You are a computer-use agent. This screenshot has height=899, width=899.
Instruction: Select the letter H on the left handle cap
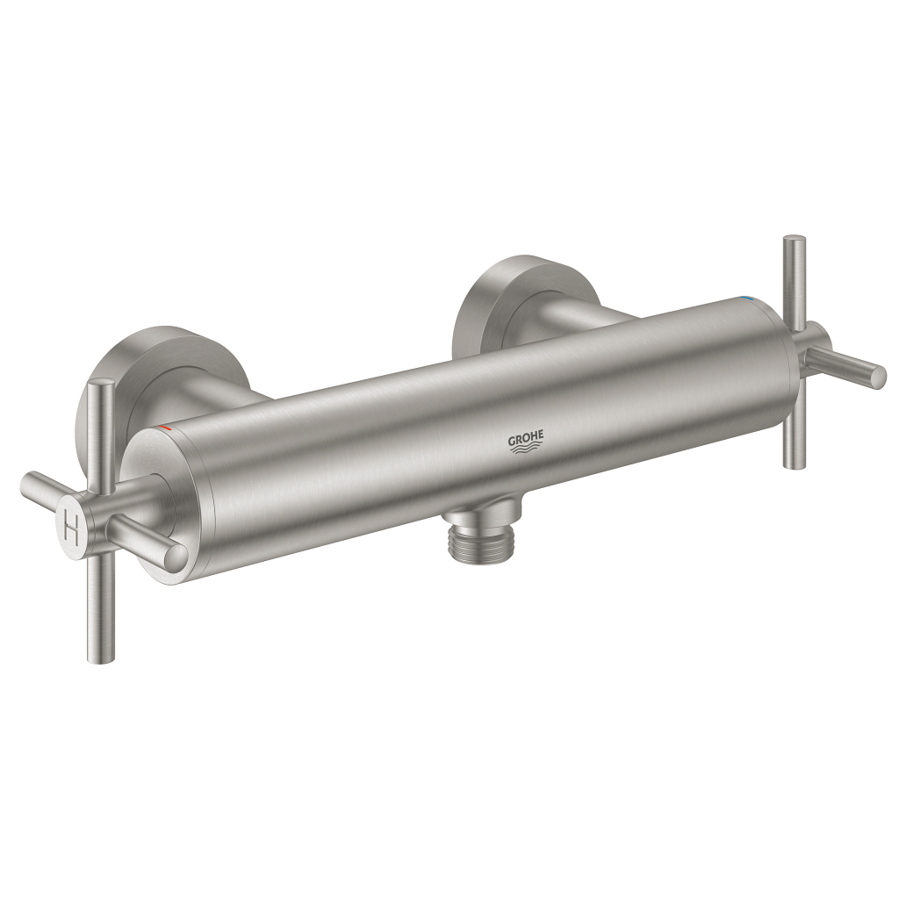pyautogui.click(x=74, y=529)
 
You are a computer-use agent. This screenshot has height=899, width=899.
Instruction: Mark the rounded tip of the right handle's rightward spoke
pyautogui.click(x=877, y=378)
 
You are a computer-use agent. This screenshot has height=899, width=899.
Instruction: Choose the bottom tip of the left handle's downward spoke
pyautogui.click(x=101, y=653)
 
